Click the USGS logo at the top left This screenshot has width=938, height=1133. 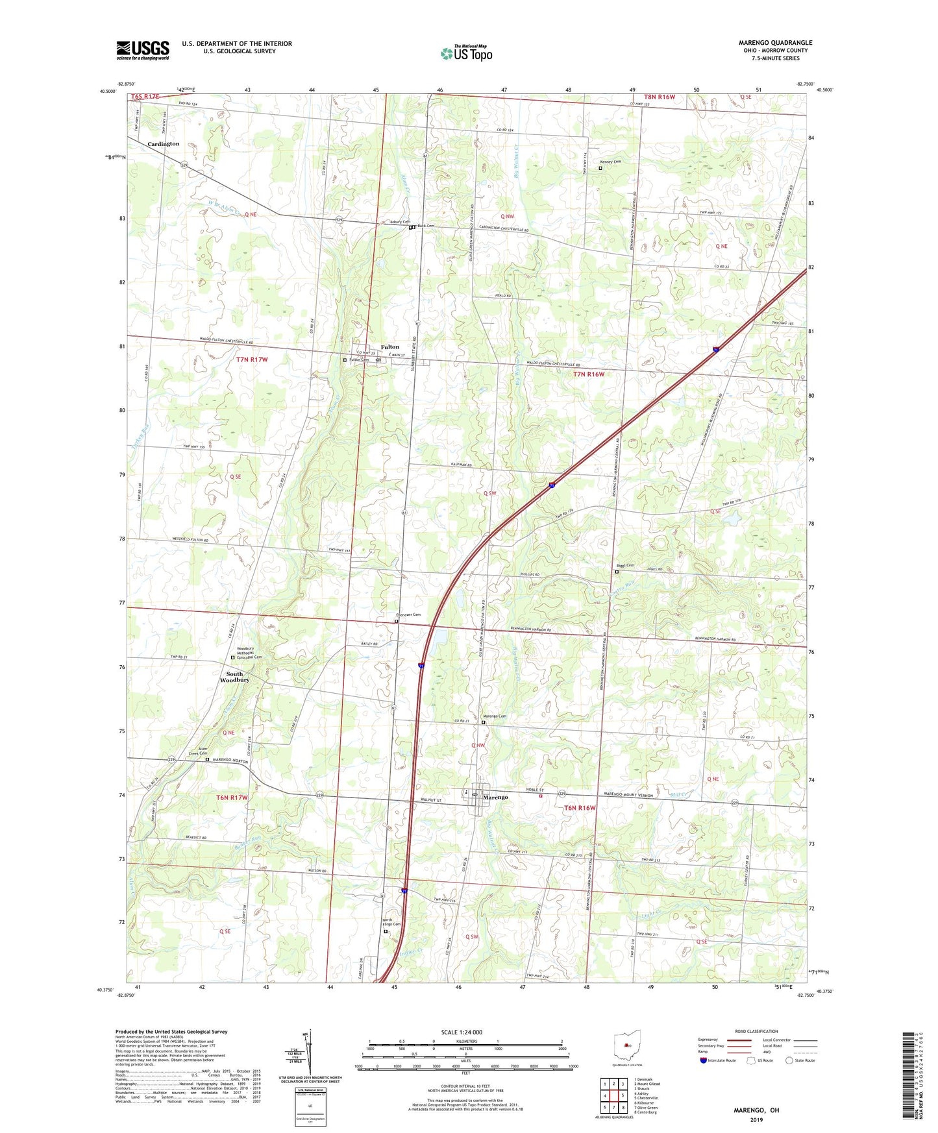click(142, 49)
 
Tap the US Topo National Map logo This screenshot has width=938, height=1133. click(466, 53)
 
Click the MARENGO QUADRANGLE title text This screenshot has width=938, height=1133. click(775, 43)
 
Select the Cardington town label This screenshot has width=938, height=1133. click(163, 144)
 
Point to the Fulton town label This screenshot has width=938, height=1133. click(389, 347)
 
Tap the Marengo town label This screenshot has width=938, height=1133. click(495, 797)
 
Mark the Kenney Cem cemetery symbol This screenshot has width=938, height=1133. click(600, 168)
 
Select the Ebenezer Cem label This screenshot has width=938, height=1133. click(408, 615)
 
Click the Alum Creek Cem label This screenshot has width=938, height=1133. click(198, 751)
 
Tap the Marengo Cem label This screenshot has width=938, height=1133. click(494, 716)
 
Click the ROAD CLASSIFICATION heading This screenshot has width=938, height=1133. click(756, 1031)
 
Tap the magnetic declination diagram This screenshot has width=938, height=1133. click(310, 1054)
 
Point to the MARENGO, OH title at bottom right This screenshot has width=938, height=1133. click(756, 1110)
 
